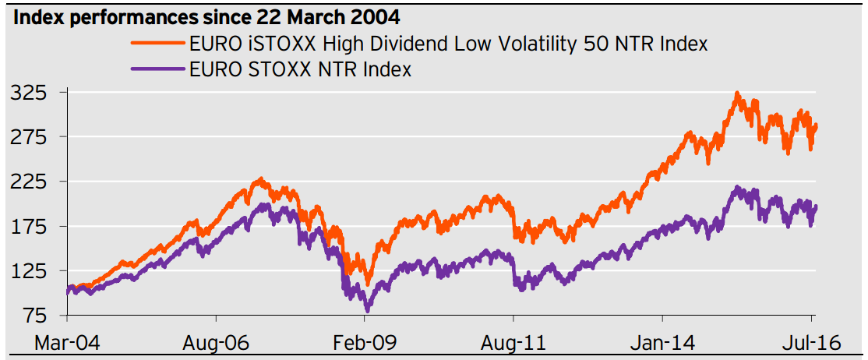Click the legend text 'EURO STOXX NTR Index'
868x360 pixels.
300,69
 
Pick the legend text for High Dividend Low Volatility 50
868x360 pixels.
448,44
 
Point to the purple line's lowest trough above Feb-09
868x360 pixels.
367,309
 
